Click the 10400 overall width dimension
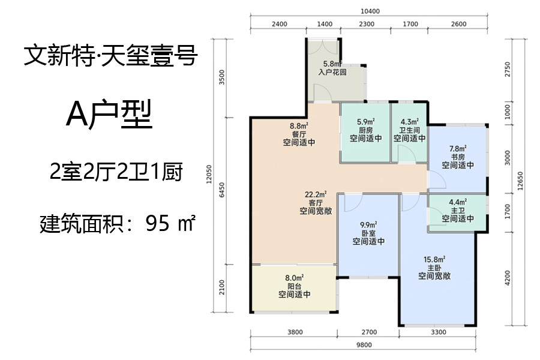(370, 11)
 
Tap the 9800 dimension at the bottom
(364, 345)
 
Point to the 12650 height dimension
(520, 181)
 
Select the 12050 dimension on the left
(209, 175)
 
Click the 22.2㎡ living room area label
(316, 194)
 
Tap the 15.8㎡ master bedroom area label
(434, 259)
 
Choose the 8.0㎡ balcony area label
(294, 278)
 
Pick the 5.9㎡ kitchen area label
(366, 122)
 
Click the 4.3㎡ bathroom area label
(409, 122)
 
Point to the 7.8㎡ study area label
(458, 148)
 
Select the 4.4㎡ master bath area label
(458, 202)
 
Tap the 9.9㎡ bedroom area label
(368, 225)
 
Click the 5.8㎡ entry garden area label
(332, 64)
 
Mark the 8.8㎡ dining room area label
(299, 126)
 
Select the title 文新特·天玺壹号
(111, 55)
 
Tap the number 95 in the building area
(158, 223)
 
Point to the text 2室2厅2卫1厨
(116, 172)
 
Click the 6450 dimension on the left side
(222, 190)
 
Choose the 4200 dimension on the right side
(507, 278)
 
